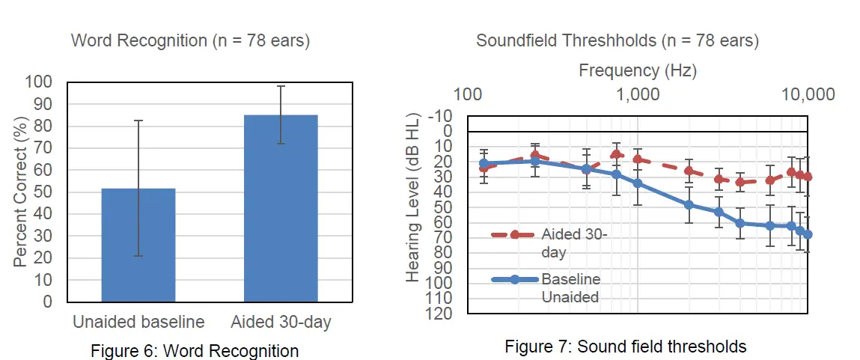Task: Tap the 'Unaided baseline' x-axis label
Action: point(138,323)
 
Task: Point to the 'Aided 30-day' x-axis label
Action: point(281,323)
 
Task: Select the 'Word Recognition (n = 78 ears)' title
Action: point(190,40)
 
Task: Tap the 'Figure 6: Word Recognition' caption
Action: point(195,351)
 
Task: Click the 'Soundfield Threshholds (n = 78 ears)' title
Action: point(617,40)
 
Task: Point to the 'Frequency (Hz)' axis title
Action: point(638,70)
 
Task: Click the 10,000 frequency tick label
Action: point(807,95)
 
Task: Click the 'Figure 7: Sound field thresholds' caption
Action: point(625,347)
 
